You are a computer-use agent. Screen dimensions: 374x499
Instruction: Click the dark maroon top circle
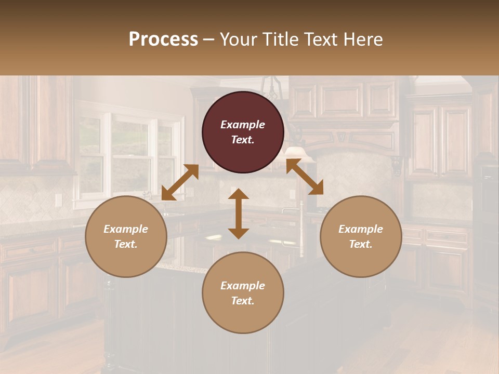click(243, 132)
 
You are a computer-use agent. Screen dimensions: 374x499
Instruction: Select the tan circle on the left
click(126, 236)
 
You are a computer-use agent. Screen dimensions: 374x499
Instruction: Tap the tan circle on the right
click(361, 236)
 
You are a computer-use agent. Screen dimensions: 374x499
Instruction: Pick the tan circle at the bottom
click(243, 293)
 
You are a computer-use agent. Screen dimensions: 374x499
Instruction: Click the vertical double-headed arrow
click(239, 213)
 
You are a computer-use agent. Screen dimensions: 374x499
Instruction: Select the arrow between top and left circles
click(180, 182)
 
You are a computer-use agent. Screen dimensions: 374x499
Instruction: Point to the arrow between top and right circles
click(305, 177)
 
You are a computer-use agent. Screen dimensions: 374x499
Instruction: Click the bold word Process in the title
click(163, 39)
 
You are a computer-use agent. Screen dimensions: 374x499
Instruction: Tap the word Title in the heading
click(280, 39)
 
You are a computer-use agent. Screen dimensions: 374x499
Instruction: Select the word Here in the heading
click(363, 39)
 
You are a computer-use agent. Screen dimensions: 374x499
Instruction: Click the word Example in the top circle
click(243, 125)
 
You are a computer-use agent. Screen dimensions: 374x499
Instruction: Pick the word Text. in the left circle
click(126, 244)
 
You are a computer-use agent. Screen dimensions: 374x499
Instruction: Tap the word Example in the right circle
click(361, 229)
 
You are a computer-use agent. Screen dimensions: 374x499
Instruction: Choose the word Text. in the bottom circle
click(243, 301)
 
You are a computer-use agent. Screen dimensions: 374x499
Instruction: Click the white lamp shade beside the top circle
click(295, 152)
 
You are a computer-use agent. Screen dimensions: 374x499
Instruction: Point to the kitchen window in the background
click(130, 156)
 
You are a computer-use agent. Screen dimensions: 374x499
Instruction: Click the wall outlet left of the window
click(59, 200)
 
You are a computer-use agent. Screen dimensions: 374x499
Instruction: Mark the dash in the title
click(208, 39)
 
